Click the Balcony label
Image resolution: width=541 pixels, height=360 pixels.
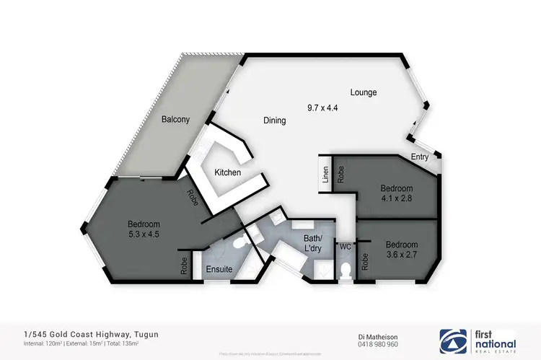[175, 119]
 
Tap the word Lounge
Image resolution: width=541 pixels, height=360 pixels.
[364, 92]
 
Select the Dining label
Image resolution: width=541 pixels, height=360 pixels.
[274, 120]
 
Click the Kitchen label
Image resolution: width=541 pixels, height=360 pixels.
[227, 173]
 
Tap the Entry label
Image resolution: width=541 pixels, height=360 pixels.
[420, 157]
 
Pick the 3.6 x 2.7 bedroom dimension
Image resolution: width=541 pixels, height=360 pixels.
[401, 254]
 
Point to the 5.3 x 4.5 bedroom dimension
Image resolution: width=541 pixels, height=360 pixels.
[144, 234]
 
